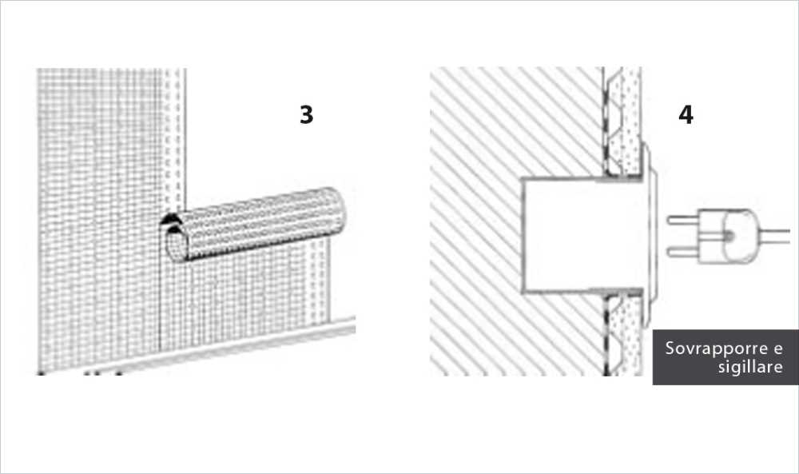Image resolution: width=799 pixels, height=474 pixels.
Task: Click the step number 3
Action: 306,115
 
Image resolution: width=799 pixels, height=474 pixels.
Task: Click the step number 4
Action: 685,115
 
